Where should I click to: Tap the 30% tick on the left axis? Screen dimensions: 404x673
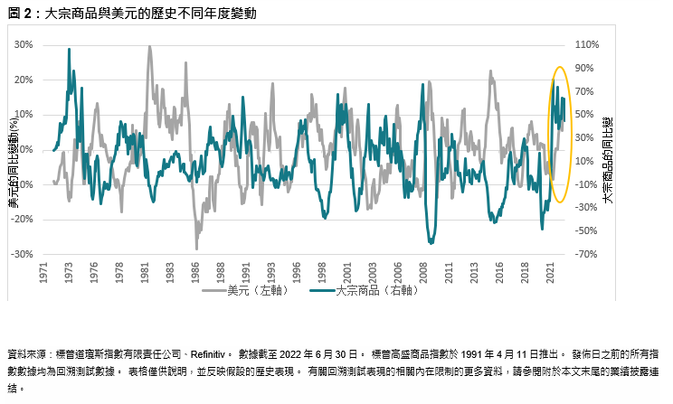point(23,44)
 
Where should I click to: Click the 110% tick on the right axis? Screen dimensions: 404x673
point(588,44)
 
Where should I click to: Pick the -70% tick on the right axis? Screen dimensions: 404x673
point(587,255)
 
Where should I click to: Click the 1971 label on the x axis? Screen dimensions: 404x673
point(44,273)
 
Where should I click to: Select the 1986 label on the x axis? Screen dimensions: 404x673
point(196,273)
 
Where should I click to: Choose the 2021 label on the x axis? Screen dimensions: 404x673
point(551,273)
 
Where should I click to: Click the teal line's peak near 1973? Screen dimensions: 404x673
point(70,50)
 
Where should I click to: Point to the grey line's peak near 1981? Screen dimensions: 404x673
point(149,46)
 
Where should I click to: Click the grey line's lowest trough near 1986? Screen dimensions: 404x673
point(196,249)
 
